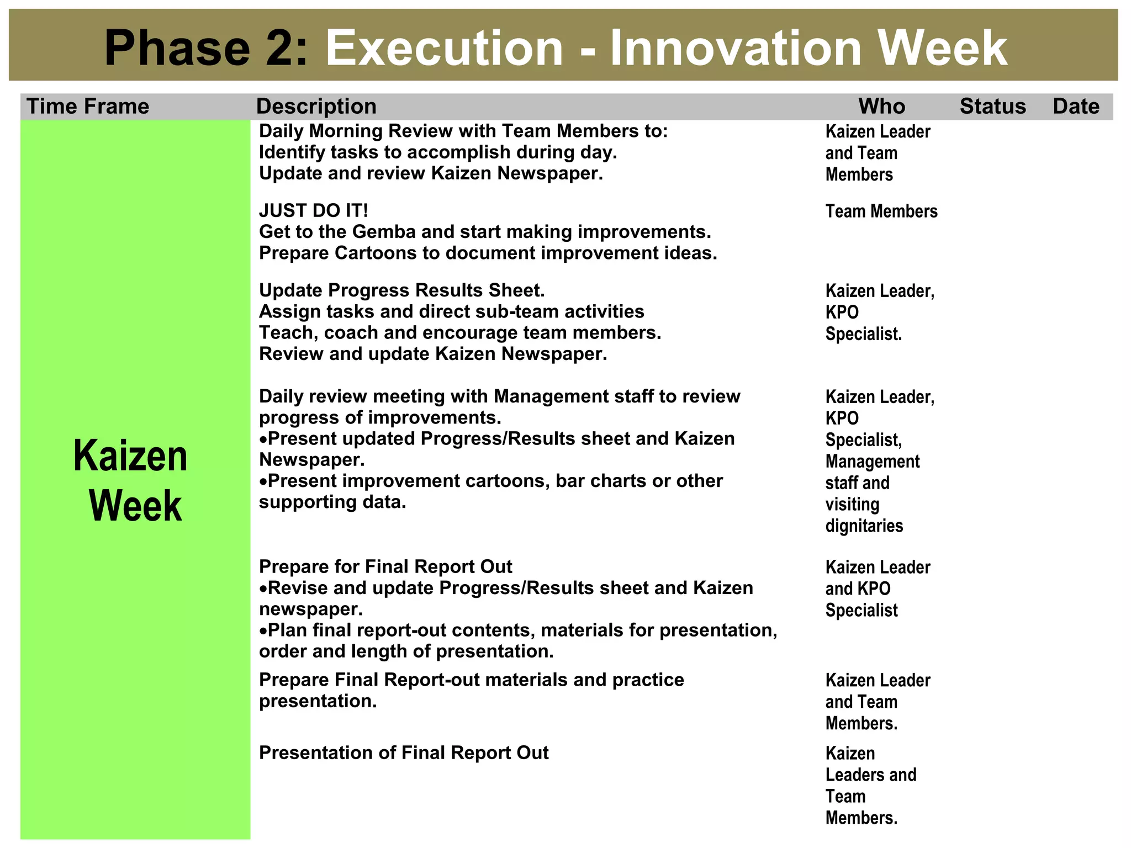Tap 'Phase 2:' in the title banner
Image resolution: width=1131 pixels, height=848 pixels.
(x=206, y=49)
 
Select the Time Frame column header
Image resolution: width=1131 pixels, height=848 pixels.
(x=88, y=107)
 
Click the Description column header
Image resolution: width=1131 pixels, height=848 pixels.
(x=316, y=107)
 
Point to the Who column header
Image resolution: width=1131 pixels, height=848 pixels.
(x=881, y=107)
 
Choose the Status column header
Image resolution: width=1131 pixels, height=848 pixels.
(x=992, y=107)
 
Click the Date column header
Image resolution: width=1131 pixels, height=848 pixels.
(x=1076, y=107)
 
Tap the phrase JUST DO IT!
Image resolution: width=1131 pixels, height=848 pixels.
(x=314, y=211)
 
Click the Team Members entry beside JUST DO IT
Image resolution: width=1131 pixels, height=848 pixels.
(x=881, y=211)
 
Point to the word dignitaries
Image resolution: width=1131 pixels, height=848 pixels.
(x=864, y=526)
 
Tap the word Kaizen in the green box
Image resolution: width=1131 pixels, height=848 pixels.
(x=131, y=457)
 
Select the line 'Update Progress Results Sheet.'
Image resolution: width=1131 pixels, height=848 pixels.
(x=402, y=291)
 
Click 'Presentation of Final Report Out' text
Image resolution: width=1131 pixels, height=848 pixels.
(x=404, y=753)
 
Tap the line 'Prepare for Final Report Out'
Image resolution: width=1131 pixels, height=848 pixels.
(x=385, y=567)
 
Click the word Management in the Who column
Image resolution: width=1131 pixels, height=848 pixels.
(x=873, y=462)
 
